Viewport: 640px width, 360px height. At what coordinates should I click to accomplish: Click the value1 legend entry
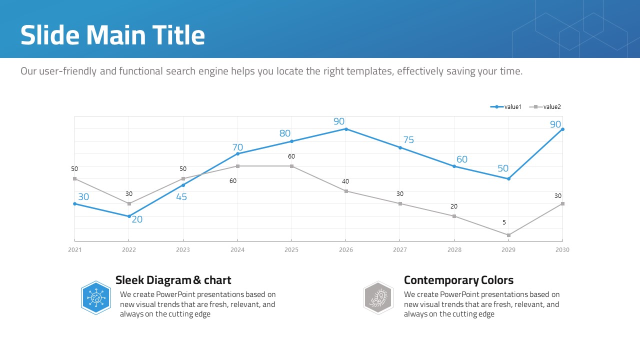point(506,107)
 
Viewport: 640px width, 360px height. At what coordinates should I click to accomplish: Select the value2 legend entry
point(546,107)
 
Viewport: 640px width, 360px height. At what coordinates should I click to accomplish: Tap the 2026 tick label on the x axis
point(346,250)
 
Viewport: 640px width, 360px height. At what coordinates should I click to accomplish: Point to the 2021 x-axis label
point(74,250)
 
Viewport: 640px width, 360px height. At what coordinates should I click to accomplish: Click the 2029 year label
point(508,250)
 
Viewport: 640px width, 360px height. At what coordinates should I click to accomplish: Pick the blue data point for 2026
point(346,129)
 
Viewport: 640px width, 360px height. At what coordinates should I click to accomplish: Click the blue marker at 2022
point(129,216)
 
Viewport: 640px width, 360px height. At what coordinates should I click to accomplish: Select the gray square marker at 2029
point(508,235)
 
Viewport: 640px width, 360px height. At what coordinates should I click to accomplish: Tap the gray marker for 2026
point(346,191)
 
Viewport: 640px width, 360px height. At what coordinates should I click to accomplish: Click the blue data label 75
point(408,140)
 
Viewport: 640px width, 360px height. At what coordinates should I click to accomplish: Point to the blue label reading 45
point(181,197)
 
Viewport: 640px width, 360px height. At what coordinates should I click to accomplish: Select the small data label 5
point(504,222)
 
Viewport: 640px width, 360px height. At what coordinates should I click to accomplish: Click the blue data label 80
point(285,133)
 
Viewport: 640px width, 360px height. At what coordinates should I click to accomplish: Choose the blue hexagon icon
point(96,298)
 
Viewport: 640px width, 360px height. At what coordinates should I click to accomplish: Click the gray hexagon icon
point(378,298)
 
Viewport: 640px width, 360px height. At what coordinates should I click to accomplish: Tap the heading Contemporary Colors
point(458,280)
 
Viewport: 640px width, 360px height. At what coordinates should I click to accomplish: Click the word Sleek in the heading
point(131,280)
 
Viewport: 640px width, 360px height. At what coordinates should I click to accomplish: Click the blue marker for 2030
point(562,129)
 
